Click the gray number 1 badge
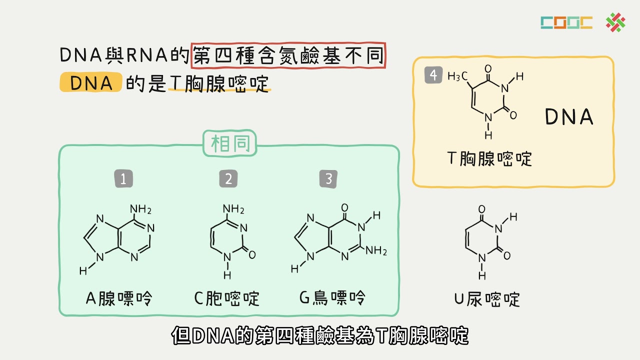tap(123, 179)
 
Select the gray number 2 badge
tap(228, 179)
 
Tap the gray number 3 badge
tap(328, 179)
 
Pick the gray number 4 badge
tap(433, 75)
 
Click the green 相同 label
tap(229, 143)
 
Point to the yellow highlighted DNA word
tap(91, 82)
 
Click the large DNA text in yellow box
tap(569, 116)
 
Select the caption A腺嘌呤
tap(119, 298)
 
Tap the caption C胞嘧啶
tap(227, 298)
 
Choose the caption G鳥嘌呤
tap(332, 297)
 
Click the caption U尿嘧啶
tap(487, 299)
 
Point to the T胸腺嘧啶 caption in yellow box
tap(489, 158)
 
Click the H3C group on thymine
tap(457, 76)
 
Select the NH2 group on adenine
tap(140, 209)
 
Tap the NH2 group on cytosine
tap(233, 209)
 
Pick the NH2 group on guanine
tap(376, 250)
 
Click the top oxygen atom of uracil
tap(481, 209)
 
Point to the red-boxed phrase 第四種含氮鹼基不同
tap(288, 55)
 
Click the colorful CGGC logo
tap(566, 23)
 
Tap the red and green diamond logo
tap(615, 22)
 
